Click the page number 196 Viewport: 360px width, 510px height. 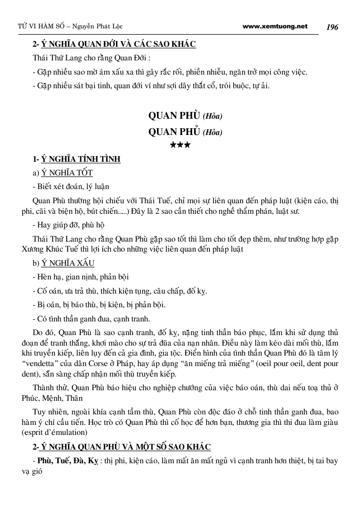(332, 27)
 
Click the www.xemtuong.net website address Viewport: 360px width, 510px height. (276, 26)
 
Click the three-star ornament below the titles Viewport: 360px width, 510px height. (180, 144)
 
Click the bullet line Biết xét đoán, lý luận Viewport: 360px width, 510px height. (71, 186)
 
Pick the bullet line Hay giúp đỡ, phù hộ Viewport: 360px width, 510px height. (69, 225)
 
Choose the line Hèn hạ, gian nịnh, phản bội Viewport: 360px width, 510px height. (80, 277)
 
